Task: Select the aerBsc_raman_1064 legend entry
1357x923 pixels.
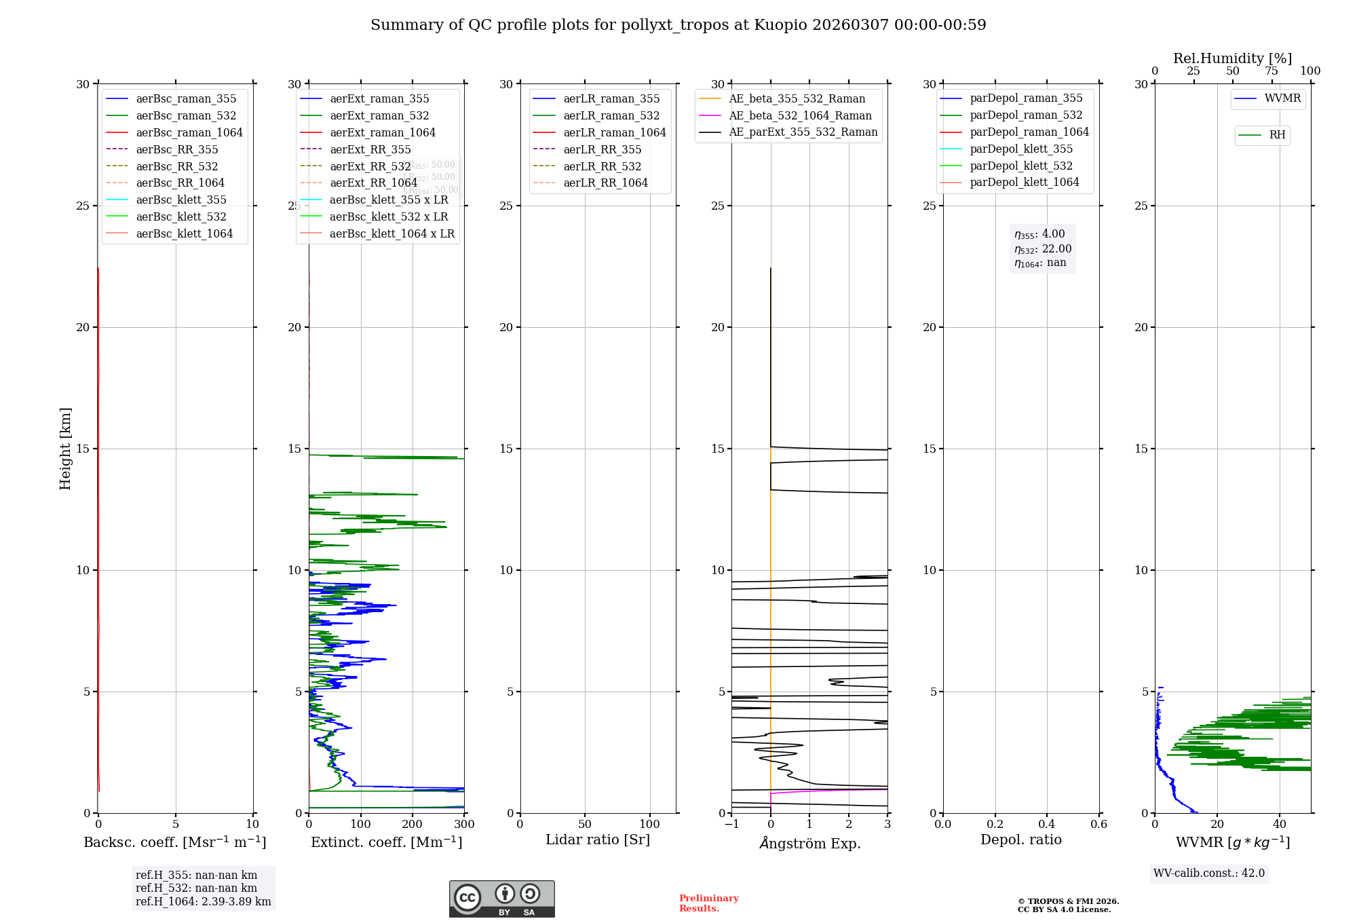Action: coord(189,132)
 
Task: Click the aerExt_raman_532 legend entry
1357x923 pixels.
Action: coord(379,115)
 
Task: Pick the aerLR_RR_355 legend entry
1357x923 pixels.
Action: coord(602,149)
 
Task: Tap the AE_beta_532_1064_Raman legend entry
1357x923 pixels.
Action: coord(800,115)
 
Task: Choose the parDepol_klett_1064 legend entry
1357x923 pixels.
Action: coord(1024,182)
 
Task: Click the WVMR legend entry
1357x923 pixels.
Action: coord(1282,98)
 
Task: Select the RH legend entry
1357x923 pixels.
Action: coord(1277,135)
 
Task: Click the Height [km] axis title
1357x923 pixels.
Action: coord(65,449)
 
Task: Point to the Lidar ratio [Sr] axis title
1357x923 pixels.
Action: coord(598,840)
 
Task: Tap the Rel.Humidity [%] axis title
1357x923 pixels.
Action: coord(1232,58)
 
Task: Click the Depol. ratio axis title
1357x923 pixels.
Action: coord(1020,840)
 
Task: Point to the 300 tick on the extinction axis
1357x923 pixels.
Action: coord(464,824)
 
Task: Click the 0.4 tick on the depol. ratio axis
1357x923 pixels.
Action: coord(1047,824)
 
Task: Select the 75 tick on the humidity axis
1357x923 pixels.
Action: coord(1272,71)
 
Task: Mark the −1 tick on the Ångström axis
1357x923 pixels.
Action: coord(731,824)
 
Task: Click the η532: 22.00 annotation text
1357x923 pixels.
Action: coord(1043,249)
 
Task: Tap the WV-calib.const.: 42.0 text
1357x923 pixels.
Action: coord(1209,873)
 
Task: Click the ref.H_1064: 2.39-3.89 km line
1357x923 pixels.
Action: coord(203,901)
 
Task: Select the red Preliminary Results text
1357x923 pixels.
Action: coord(708,903)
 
